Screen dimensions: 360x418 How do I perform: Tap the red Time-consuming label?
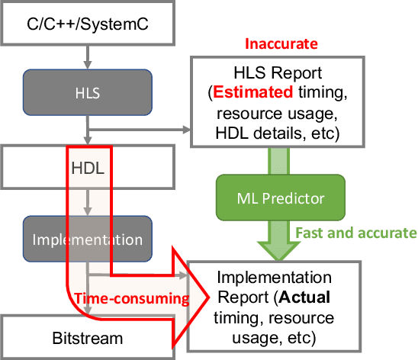click(131, 298)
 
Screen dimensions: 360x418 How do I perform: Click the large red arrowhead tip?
click(207, 293)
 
